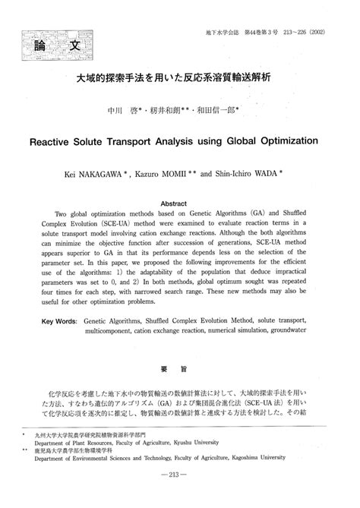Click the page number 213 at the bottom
[180, 496]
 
